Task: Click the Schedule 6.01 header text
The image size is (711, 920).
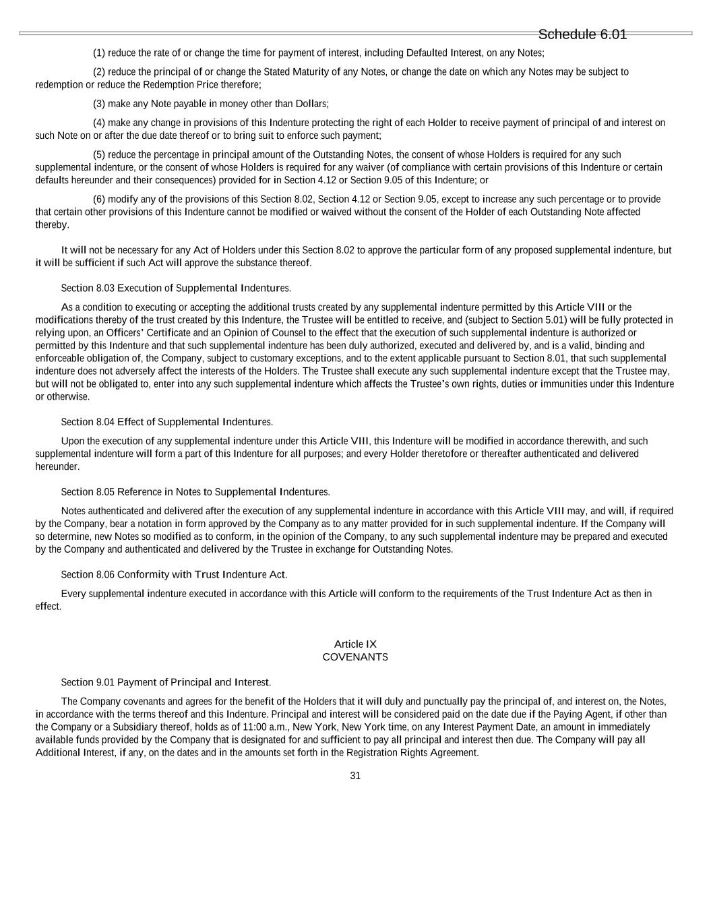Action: coord(582,34)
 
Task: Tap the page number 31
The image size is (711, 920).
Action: coord(355,776)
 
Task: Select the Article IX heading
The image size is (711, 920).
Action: coord(355,644)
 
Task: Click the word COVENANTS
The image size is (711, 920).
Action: coord(355,657)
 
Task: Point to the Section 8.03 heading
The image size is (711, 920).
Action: coord(176,288)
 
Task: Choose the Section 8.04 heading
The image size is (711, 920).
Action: coord(166,422)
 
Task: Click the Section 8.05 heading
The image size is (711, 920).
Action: coord(195,492)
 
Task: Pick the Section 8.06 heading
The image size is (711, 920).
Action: coord(174,575)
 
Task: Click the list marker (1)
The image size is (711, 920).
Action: coord(99,53)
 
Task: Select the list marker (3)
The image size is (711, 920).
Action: coord(99,104)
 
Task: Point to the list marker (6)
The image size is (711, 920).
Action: coord(99,200)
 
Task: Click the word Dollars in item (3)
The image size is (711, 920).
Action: coord(311,104)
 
